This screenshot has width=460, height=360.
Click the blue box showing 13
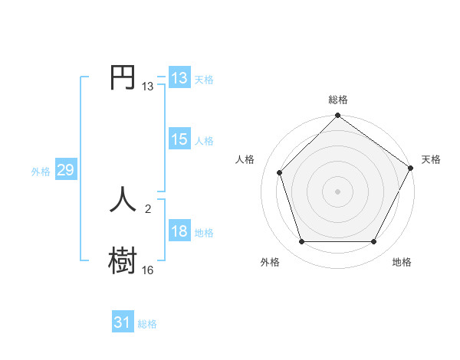179,78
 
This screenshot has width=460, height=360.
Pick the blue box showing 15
179,139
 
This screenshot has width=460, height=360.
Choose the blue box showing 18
179,231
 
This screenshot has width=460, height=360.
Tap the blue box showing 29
65,170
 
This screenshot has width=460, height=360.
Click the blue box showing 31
123,322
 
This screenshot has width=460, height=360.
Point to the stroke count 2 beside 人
147,208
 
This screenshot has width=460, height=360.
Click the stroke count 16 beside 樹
147,270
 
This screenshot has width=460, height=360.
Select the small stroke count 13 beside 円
147,87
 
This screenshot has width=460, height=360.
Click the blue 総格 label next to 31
147,324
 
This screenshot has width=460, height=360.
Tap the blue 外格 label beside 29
41,172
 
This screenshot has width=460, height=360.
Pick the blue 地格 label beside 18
204,233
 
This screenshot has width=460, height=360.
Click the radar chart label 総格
338,100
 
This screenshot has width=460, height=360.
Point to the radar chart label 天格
431,159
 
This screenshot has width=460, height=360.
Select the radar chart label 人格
245,159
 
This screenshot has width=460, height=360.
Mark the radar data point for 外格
301,242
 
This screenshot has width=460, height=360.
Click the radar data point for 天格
411,168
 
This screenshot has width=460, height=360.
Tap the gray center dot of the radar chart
338,191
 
